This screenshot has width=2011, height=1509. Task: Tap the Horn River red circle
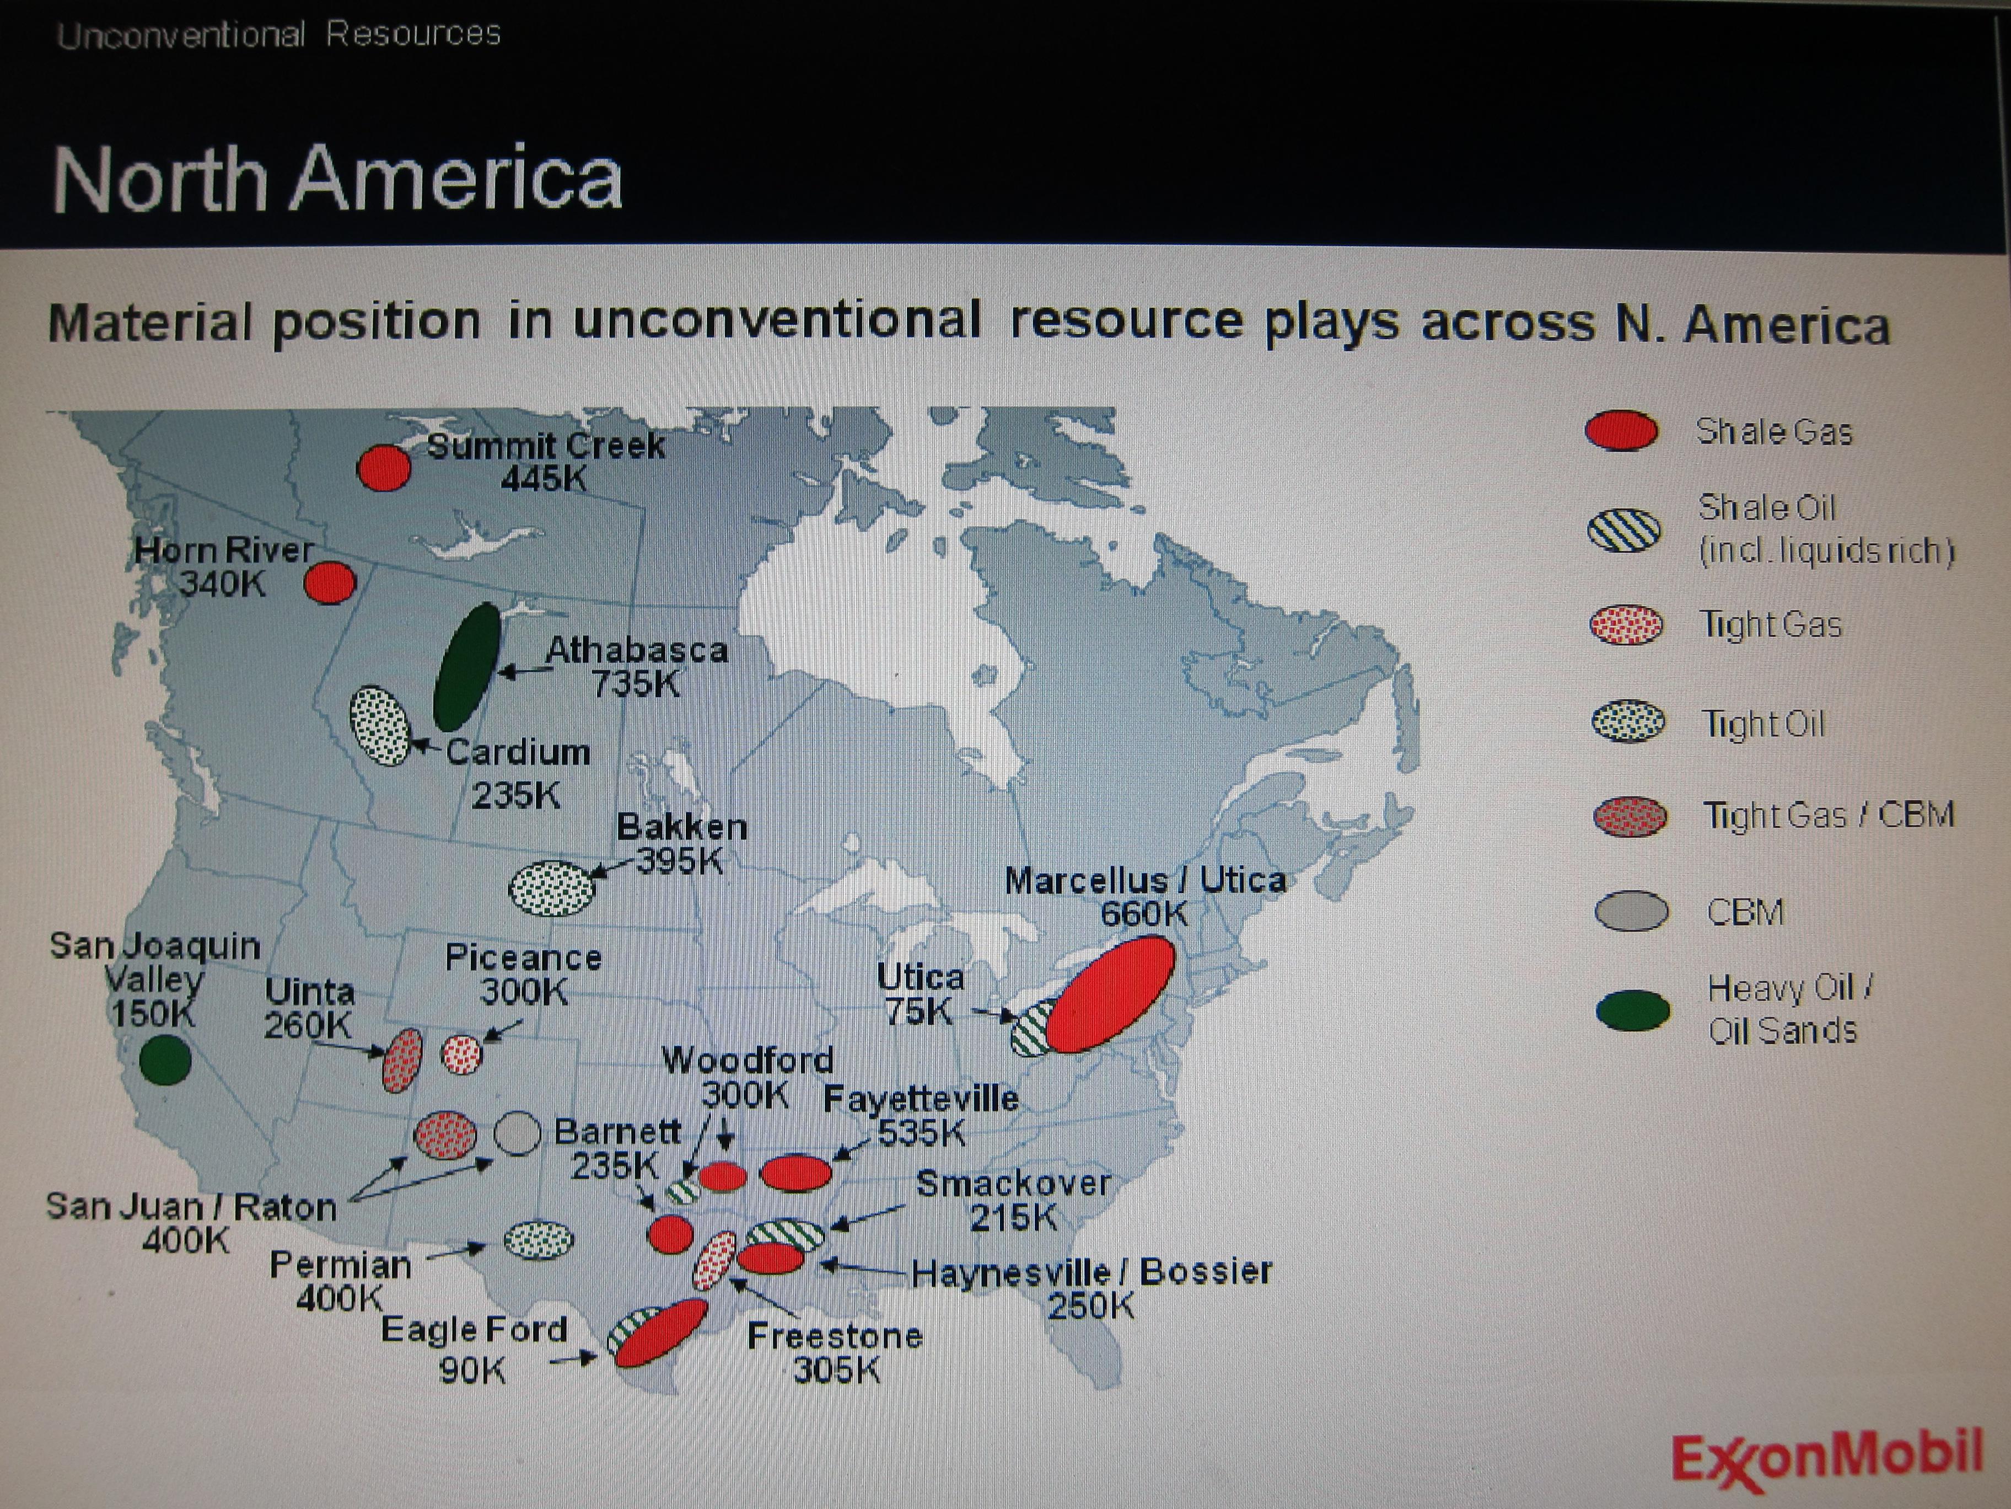tap(329, 582)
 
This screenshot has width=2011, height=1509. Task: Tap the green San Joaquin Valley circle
tap(165, 1059)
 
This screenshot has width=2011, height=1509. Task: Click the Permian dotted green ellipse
tap(538, 1239)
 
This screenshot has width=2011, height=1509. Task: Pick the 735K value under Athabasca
tap(636, 683)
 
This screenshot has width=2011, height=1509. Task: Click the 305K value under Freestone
tap(836, 1369)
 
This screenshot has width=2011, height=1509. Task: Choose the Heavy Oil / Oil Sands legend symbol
tap(1633, 1010)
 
